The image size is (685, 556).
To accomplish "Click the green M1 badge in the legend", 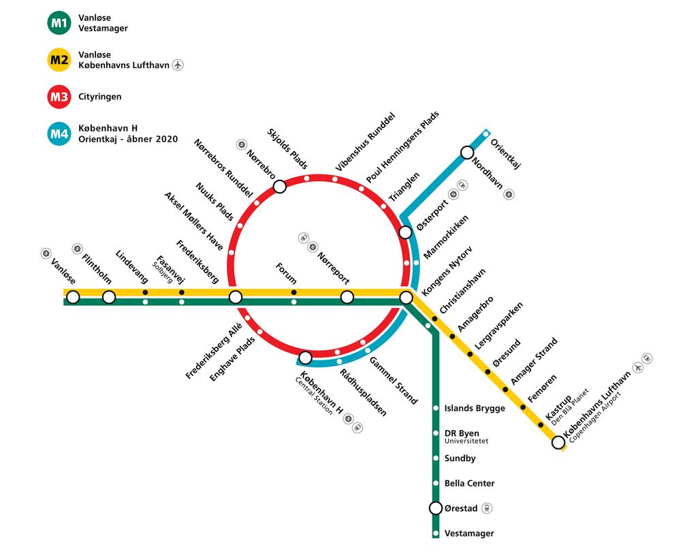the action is [x=59, y=22].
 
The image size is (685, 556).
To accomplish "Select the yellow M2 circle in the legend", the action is [x=59, y=60].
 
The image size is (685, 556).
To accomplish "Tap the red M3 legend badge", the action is [x=59, y=97].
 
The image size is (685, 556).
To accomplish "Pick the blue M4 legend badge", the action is [x=59, y=134].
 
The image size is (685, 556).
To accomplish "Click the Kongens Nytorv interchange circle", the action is [x=407, y=298].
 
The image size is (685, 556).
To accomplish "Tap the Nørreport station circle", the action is [x=347, y=298].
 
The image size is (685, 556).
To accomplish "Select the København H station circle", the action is [x=305, y=358].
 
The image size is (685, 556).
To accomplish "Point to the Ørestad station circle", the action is [x=436, y=508].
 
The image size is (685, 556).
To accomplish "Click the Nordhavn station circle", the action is [x=467, y=153].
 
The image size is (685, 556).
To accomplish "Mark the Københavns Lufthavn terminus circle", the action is [x=558, y=442].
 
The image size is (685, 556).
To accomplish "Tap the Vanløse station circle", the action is [x=73, y=297].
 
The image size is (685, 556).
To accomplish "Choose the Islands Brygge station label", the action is [x=475, y=409].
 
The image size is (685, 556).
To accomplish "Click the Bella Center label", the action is [x=469, y=484].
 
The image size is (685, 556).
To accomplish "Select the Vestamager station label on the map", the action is [x=469, y=534].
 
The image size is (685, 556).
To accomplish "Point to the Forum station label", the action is [x=286, y=274].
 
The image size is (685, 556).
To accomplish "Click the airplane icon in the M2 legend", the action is [x=177, y=65].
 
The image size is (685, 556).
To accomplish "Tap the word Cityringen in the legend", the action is [x=100, y=97].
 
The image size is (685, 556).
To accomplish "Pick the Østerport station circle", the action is [x=405, y=232].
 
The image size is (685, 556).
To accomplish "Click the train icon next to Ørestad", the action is [x=487, y=508].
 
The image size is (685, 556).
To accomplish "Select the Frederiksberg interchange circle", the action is [x=236, y=297].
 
